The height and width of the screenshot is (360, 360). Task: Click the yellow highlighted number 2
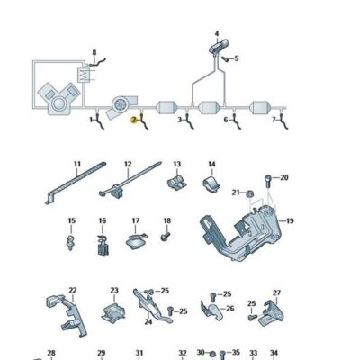[x=133, y=119]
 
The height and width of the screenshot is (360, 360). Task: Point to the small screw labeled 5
[x=224, y=59]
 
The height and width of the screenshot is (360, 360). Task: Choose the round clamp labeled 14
[x=211, y=186]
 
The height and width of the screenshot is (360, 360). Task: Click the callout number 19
[x=291, y=220]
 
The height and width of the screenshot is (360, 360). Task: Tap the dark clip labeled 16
[x=103, y=242]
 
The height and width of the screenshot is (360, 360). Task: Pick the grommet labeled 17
[x=136, y=241]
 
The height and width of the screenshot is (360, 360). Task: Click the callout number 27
[x=276, y=292]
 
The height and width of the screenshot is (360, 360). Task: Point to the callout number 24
[x=148, y=321]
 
